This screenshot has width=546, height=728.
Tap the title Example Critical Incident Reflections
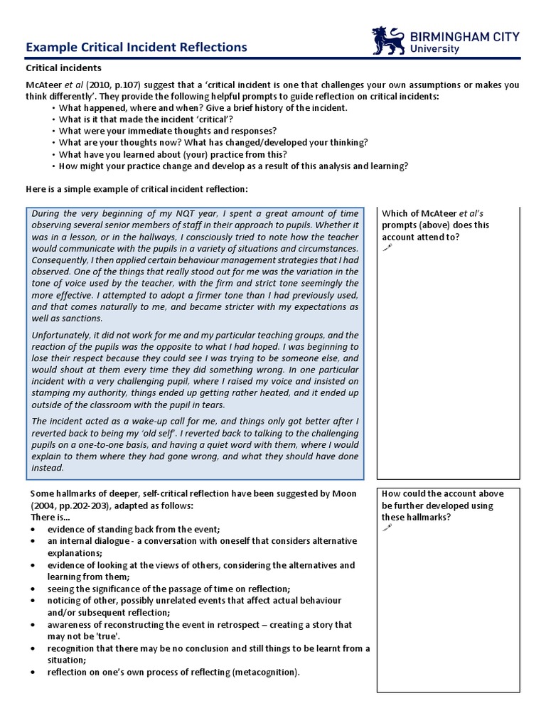point(136,47)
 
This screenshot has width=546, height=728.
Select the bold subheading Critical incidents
point(63,68)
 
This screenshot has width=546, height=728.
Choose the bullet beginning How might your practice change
point(233,166)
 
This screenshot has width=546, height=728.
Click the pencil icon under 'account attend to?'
point(387,248)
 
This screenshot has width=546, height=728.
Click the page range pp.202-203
point(87,505)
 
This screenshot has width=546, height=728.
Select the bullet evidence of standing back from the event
point(134,529)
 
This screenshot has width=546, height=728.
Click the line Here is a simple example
point(137,189)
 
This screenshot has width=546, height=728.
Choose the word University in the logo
point(435,49)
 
